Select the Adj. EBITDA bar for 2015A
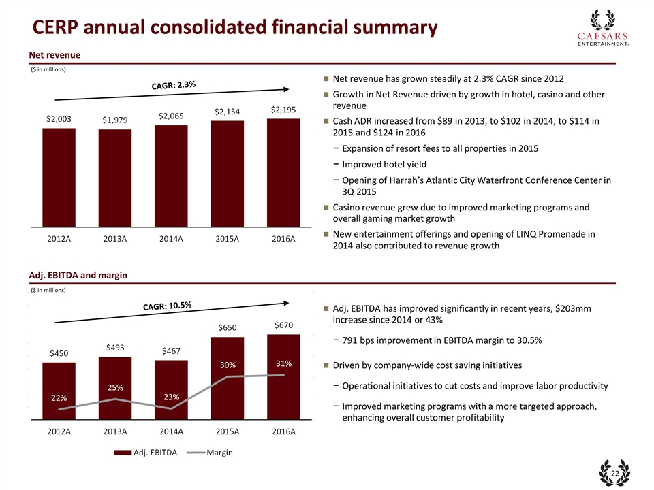coord(228,378)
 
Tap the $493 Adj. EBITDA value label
coord(115,348)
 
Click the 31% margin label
coord(284,363)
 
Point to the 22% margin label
coord(59,397)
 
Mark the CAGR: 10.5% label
coord(168,306)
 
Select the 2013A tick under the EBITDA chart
coord(115,431)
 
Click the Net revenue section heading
coord(54,54)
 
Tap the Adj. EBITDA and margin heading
coord(78,274)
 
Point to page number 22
coord(614,473)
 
